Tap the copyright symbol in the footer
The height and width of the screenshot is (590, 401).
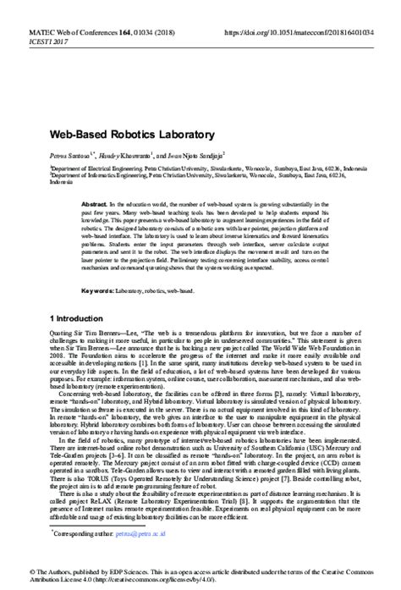(6, 573)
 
